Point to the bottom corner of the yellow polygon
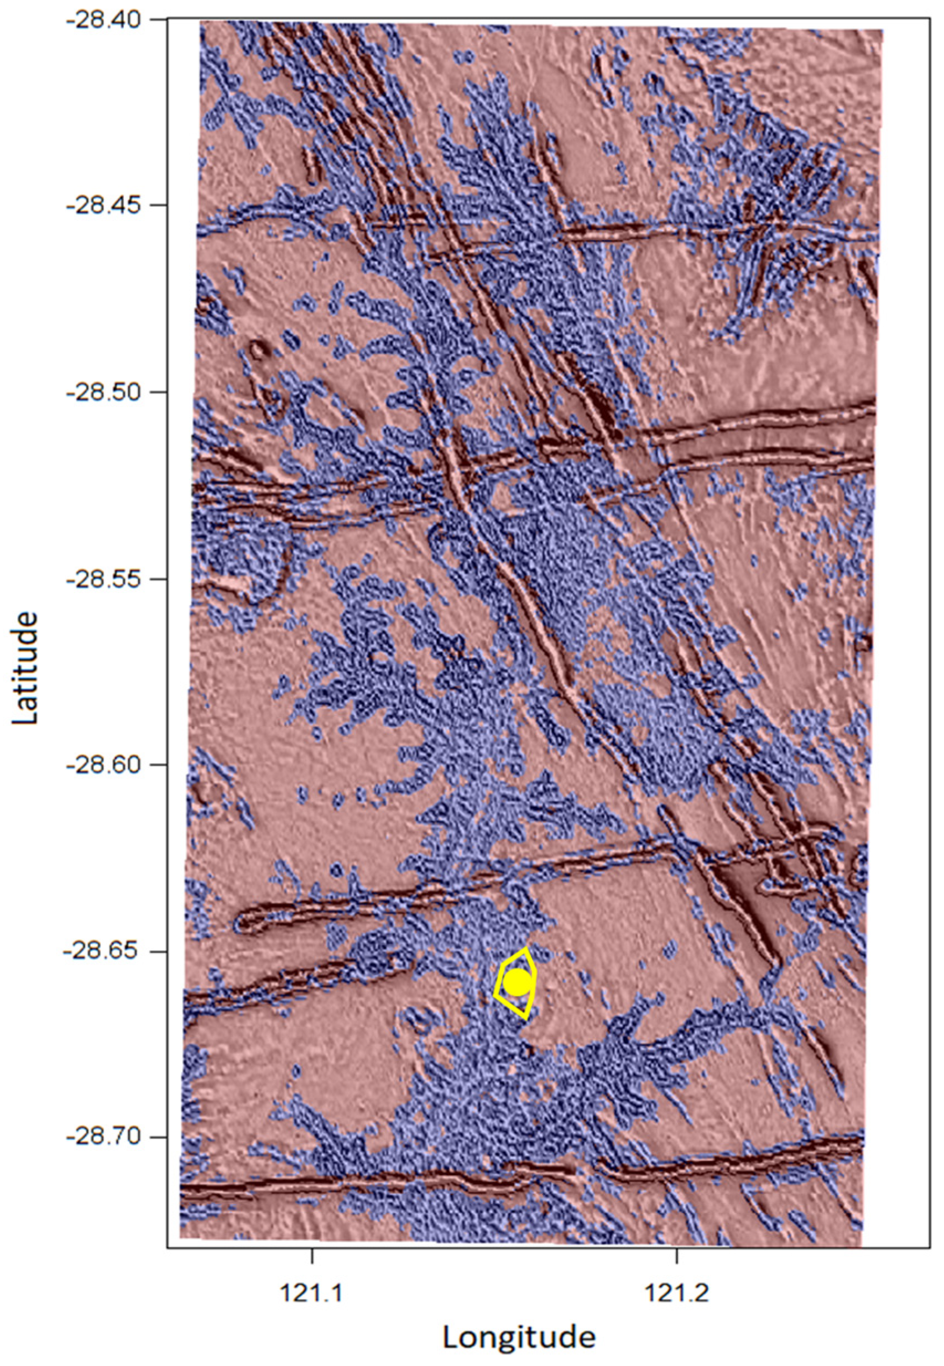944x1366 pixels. click(x=526, y=1017)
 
